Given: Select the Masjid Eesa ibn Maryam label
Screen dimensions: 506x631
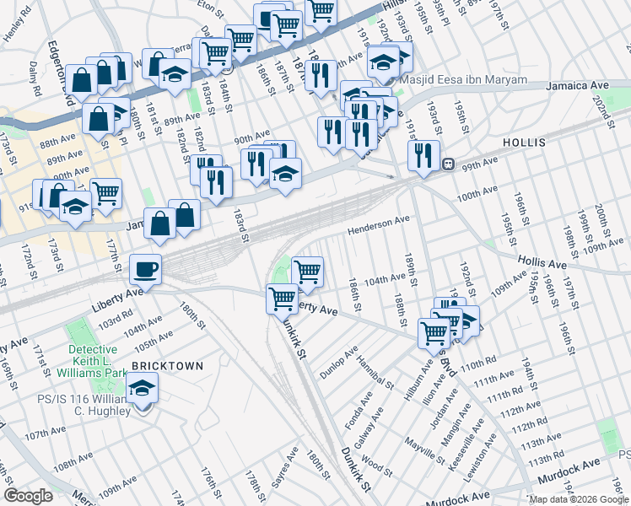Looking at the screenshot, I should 463,80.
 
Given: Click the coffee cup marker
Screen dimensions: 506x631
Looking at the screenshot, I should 146,270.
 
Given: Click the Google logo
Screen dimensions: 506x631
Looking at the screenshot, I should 29,496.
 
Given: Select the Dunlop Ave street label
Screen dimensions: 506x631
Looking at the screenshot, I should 339,359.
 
